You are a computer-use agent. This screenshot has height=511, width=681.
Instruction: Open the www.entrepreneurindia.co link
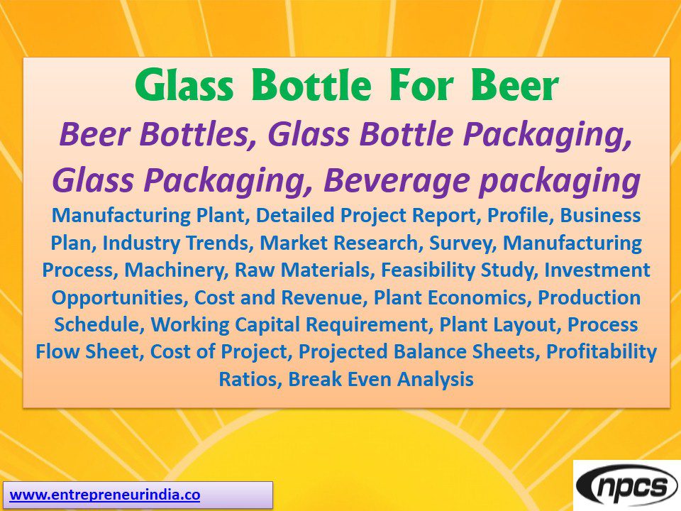pyautogui.click(x=105, y=495)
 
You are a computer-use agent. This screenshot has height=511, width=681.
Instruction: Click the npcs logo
pyautogui.click(x=626, y=487)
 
